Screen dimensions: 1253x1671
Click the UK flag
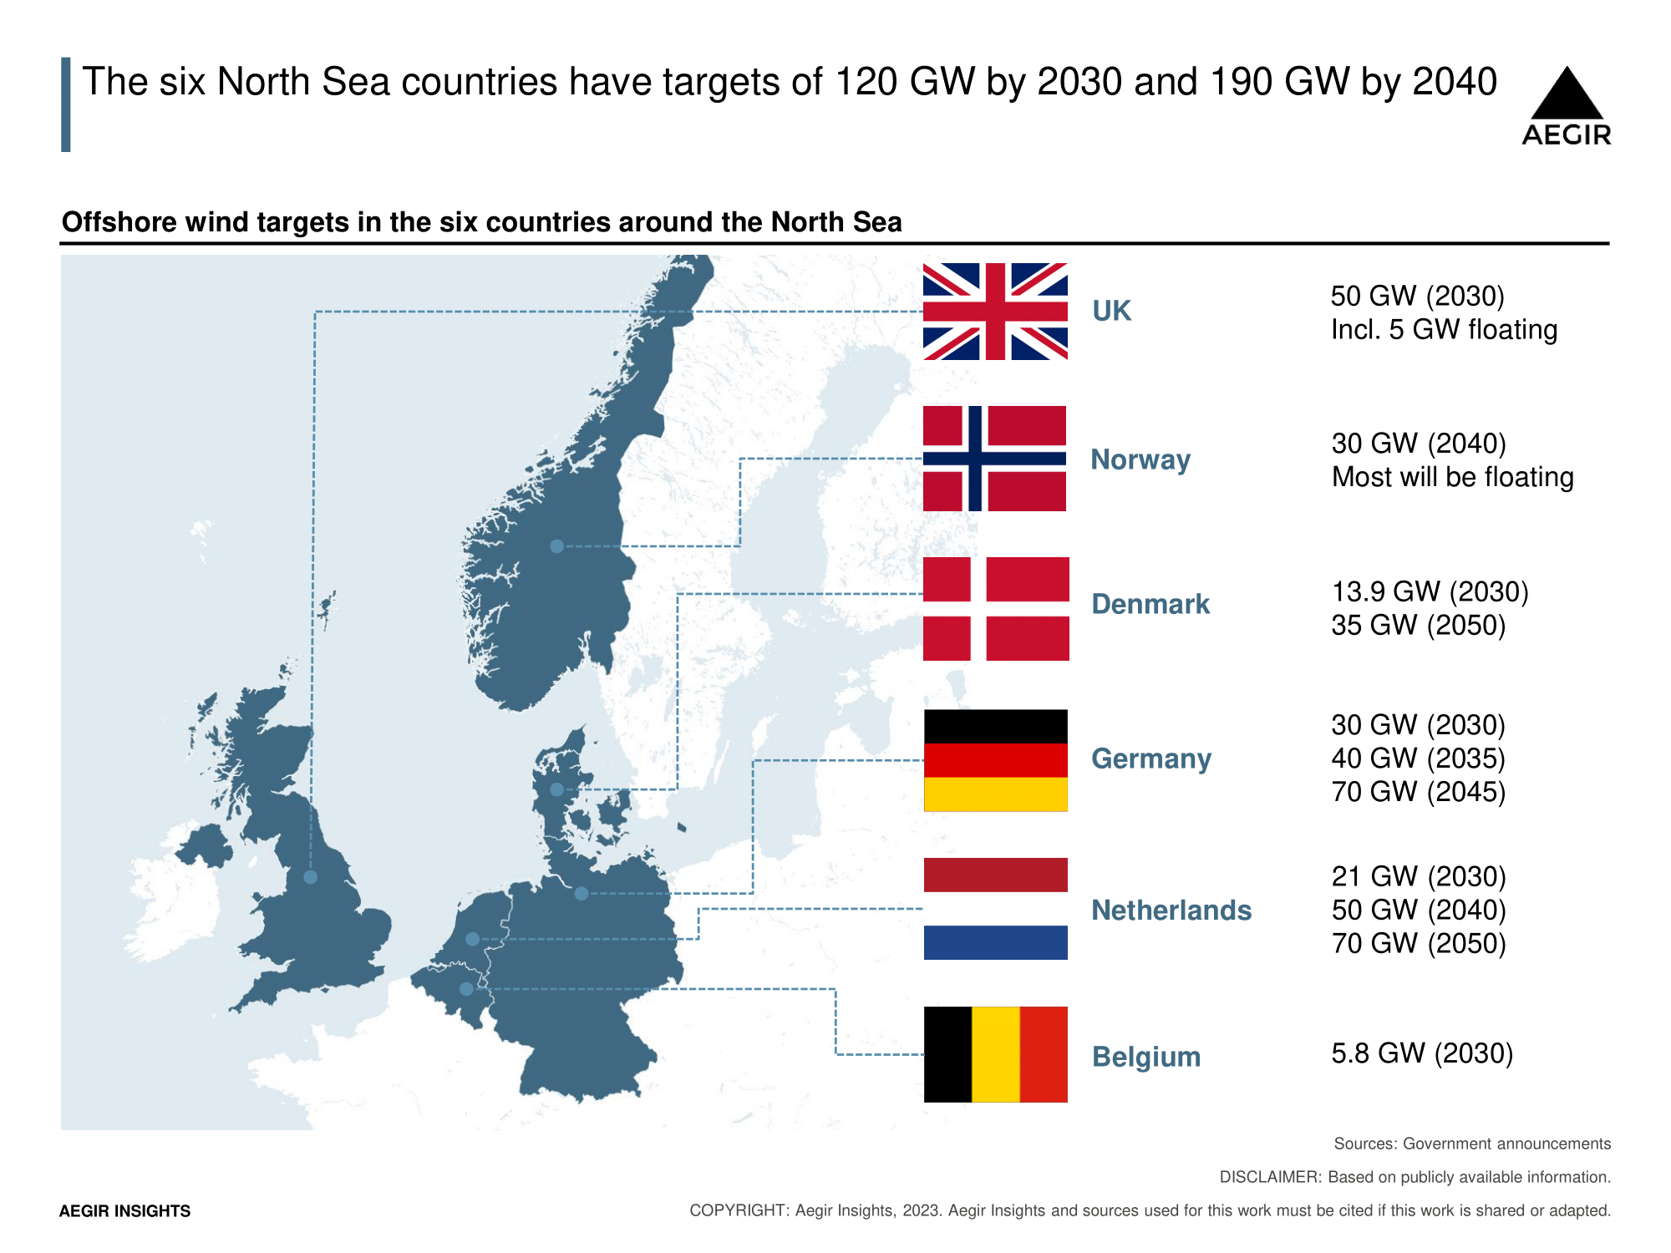[x=995, y=312]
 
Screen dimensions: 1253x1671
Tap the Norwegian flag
[x=995, y=459]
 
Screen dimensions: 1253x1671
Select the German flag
[x=995, y=760]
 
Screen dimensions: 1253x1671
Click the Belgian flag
[x=995, y=1054]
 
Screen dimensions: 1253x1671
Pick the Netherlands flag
[x=995, y=909]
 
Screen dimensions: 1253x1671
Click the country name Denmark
[x=1150, y=604]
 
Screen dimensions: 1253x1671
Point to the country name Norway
[x=1140, y=459]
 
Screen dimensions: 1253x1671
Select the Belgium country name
[x=1145, y=1057]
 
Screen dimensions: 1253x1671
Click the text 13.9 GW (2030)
[x=1430, y=591]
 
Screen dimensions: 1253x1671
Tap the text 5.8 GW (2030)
[x=1422, y=1053]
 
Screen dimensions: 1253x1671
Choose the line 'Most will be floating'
[x=1452, y=477]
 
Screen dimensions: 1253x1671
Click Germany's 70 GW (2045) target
[x=1418, y=792]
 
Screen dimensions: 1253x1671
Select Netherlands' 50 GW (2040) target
[x=1418, y=910]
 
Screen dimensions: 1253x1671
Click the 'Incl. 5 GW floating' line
[x=1444, y=330]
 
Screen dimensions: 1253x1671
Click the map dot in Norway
[x=556, y=546]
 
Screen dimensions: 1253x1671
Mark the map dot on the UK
[x=310, y=877]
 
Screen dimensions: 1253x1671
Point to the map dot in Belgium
[x=466, y=989]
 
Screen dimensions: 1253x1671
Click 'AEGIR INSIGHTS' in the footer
[x=124, y=1211]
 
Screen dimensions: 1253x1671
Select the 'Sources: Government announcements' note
[x=1471, y=1144]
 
